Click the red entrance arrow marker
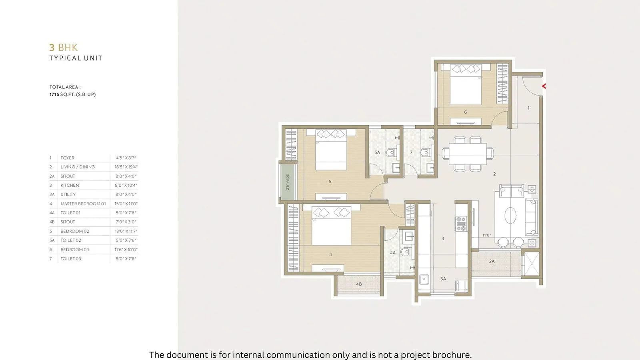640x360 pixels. (544, 86)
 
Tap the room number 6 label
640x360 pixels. (465, 112)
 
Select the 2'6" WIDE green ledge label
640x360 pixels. (288, 182)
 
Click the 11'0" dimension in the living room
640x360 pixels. (486, 235)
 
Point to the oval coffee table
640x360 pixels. (510, 216)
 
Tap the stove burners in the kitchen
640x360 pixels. (461, 224)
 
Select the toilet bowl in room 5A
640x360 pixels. (391, 152)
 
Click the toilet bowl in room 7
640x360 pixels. (425, 152)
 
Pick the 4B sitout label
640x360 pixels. (359, 284)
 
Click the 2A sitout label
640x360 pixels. (492, 261)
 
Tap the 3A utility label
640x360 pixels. (443, 279)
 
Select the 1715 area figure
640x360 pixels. (54, 94)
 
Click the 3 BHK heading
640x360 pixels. (64, 48)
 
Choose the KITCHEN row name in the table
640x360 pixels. (70, 185)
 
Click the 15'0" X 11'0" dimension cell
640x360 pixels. (126, 204)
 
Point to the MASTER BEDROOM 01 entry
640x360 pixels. (83, 204)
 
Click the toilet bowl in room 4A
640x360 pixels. (406, 252)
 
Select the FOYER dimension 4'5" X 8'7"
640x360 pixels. (126, 158)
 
